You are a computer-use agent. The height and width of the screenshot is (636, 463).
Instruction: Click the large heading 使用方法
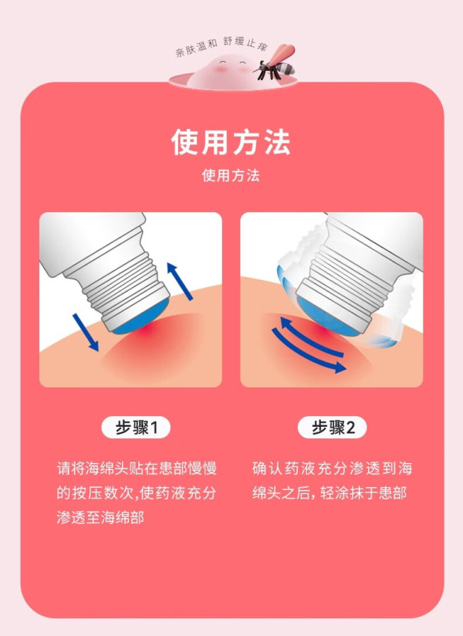pos(231,142)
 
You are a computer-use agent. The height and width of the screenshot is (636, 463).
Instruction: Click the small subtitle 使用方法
pos(231,176)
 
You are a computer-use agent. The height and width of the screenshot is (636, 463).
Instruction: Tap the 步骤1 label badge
pos(136,428)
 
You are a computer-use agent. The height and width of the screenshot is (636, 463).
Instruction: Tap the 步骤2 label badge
pos(333,428)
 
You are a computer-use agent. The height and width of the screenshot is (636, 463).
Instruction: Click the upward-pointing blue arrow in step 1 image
pos(180,281)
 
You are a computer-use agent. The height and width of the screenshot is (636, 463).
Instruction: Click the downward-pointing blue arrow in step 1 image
pos(86,332)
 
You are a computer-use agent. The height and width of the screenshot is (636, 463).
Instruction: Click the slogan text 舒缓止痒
pos(245,43)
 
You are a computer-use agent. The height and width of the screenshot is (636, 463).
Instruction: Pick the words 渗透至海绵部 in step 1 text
pos(100,518)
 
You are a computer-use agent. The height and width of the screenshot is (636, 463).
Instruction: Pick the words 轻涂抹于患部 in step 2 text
pos(363,492)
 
